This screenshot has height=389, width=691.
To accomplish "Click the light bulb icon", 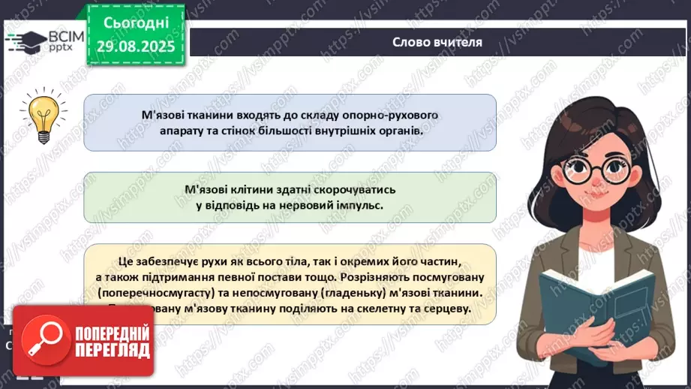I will [x=38, y=115].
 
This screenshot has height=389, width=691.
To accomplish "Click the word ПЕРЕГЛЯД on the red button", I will [x=111, y=350].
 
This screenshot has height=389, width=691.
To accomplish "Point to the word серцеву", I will [x=443, y=308].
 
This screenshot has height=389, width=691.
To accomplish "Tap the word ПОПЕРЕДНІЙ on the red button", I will [x=111, y=333].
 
